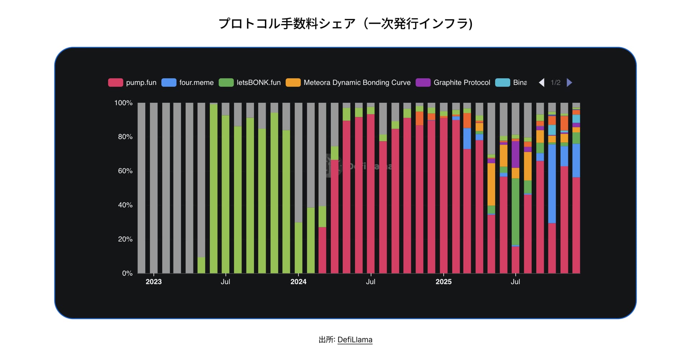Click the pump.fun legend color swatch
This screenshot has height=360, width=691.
pyautogui.click(x=116, y=82)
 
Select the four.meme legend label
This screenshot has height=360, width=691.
pyautogui.click(x=196, y=82)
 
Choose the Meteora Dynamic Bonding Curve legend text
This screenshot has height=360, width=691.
pyautogui.click(x=357, y=82)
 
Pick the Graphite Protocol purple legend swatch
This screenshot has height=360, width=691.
pyautogui.click(x=423, y=82)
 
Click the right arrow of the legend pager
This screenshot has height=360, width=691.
pyautogui.click(x=569, y=82)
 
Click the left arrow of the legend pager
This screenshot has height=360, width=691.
pyautogui.click(x=542, y=82)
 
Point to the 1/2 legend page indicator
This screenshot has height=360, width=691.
pyautogui.click(x=555, y=82)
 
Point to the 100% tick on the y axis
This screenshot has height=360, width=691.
pyautogui.click(x=123, y=103)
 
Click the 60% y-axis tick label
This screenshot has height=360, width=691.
pyautogui.click(x=125, y=171)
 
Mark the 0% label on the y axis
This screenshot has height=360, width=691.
pyautogui.click(x=127, y=273)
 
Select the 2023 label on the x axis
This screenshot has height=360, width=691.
pyautogui.click(x=154, y=282)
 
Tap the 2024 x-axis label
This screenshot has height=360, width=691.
pyautogui.click(x=298, y=282)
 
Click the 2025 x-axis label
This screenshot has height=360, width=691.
pyautogui.click(x=443, y=282)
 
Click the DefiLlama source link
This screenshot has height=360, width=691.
pyautogui.click(x=354, y=340)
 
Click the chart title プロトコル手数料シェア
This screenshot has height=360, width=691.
pyautogui.click(x=345, y=24)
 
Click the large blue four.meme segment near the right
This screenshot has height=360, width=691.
pyautogui.click(x=552, y=183)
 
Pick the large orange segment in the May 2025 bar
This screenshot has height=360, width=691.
pyautogui.click(x=491, y=184)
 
